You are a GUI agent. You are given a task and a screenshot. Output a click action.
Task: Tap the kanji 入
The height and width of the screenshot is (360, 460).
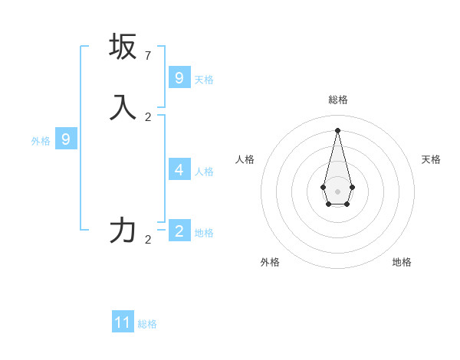click(123, 107)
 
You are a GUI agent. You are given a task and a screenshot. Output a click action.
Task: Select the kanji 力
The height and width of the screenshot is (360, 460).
click(123, 230)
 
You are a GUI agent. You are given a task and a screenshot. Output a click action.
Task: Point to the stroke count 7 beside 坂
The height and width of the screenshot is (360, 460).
click(148, 55)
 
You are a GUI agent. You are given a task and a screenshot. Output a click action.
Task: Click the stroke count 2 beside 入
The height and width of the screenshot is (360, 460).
click(148, 116)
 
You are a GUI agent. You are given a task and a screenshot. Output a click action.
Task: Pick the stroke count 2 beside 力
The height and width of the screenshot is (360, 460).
click(148, 239)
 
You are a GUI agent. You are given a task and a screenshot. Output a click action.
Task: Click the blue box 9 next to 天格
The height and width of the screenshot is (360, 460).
click(179, 77)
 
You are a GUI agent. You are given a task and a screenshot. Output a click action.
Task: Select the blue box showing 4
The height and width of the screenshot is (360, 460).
click(179, 169)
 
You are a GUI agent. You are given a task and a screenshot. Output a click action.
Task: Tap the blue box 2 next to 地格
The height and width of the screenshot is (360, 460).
click(179, 231)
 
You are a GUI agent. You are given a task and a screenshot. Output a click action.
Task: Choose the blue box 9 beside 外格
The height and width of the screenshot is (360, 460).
click(66, 139)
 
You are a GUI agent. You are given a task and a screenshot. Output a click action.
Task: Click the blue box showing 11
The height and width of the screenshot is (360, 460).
click(123, 322)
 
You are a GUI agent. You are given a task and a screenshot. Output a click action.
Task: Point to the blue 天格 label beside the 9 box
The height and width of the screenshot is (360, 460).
click(204, 79)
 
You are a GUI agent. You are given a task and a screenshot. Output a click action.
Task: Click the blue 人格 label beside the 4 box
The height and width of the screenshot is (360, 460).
click(204, 171)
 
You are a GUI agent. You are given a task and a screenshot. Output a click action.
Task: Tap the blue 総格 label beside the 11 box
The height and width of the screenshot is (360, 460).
click(147, 324)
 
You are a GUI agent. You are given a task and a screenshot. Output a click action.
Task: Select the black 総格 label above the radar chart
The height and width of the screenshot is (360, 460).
click(337, 100)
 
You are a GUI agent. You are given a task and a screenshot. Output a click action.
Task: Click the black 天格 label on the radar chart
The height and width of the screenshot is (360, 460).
click(431, 159)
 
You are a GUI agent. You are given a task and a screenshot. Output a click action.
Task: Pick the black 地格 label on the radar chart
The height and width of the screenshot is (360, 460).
click(402, 262)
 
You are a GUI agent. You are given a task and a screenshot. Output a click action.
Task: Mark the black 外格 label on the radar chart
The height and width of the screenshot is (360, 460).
click(270, 262)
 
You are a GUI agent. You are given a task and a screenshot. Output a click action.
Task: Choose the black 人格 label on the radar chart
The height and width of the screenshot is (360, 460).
click(245, 159)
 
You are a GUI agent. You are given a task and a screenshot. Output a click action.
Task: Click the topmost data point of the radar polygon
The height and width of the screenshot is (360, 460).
click(337, 129)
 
